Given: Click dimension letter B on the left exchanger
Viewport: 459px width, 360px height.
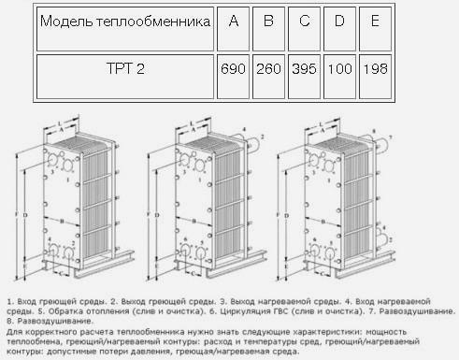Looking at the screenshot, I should (x=61, y=221).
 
